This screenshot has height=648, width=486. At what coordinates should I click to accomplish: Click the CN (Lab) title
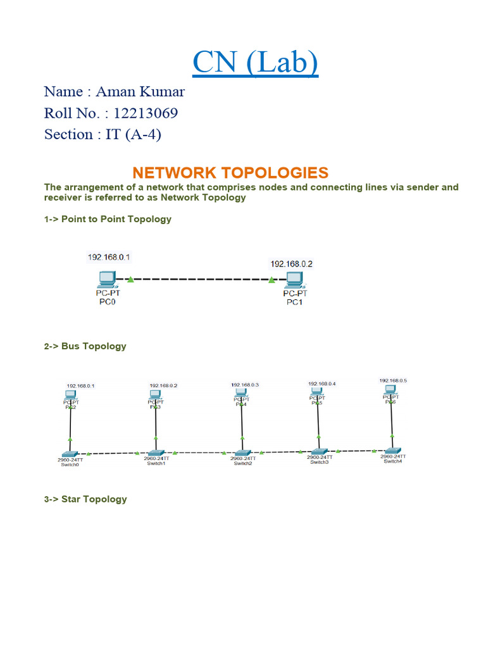coord(255,62)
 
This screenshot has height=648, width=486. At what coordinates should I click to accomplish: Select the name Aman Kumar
coord(140,92)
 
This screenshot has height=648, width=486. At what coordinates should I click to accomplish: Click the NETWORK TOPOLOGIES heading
coord(230,173)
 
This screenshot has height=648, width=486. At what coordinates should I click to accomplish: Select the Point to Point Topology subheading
coord(108,219)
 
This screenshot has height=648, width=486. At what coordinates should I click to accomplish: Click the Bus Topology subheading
coord(85,346)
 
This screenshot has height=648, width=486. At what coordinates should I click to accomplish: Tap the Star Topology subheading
coord(85,499)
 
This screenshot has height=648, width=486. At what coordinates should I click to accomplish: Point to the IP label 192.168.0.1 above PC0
coord(109,257)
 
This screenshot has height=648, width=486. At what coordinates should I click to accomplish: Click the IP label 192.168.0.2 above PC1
coord(292,263)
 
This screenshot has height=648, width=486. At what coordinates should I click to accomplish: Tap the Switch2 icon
coord(241,453)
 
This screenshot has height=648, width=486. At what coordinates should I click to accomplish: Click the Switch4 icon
coord(392,451)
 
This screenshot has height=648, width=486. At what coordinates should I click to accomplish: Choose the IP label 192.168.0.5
coord(393,380)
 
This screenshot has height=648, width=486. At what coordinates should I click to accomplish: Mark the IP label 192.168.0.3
coord(245,384)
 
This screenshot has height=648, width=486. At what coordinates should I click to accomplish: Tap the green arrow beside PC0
coord(130,278)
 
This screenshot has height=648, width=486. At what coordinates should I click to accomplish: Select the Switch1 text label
coord(156,463)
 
